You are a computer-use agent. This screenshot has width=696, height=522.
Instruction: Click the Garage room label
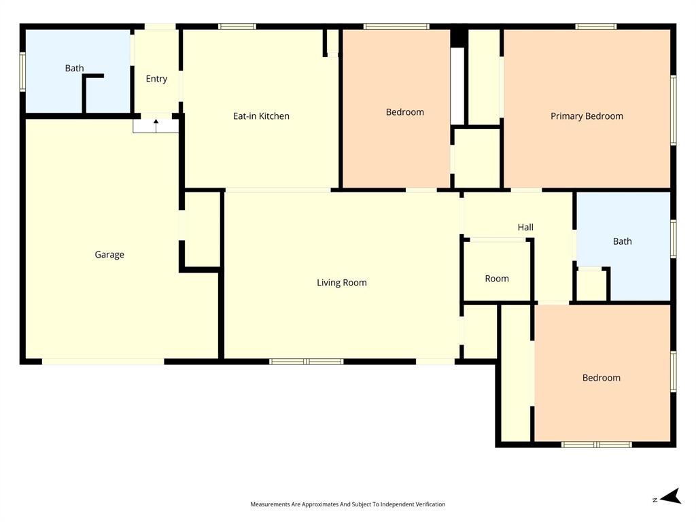coord(109,255)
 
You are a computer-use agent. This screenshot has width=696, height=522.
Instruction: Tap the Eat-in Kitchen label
coord(261,116)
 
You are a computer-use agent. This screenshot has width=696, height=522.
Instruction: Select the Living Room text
coord(341,283)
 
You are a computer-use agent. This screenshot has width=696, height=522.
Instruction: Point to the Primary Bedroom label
coord(587,116)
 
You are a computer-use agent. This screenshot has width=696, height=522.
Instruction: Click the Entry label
coord(156,79)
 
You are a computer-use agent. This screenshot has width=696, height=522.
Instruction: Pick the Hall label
coord(525,228)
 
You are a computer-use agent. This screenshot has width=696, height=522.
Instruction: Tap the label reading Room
coord(497,279)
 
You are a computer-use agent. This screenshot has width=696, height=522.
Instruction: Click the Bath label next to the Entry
coord(75,68)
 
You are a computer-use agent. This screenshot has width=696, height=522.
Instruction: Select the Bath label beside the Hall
coord(622,241)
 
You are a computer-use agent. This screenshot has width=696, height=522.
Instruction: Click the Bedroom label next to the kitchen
coord(404,112)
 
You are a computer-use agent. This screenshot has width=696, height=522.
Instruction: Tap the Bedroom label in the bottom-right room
coord(601,378)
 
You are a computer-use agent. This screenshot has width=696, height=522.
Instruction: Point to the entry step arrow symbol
coord(156,125)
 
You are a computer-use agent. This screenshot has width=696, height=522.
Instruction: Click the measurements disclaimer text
coord(347,504)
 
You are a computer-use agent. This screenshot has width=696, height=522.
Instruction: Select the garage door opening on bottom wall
coord(103,362)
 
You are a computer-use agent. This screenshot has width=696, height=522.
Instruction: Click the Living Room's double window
coord(307,362)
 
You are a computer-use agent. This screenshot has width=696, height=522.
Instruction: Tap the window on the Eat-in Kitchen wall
coord(237,27)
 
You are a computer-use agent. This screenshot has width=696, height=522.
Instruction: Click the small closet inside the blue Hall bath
coord(591,285)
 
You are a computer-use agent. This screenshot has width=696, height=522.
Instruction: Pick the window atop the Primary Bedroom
coord(595,27)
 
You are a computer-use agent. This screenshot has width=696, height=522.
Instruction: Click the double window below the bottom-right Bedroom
coord(597,445)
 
